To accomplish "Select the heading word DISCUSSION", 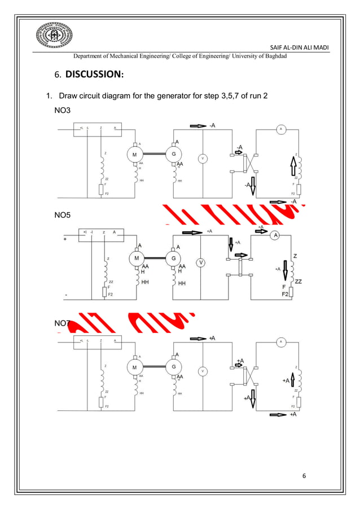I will coord(95,74).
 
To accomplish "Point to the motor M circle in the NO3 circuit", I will coord(134,154).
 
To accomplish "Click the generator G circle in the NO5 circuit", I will coord(173,258).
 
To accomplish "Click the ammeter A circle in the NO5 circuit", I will coord(275,235).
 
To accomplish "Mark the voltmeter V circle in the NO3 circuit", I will coord(202,159).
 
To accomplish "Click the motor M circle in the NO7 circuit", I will coord(134,367).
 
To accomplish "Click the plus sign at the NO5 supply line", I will coord(65,239).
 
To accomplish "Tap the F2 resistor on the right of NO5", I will coord(290,295).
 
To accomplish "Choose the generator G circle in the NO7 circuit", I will coord(173,367).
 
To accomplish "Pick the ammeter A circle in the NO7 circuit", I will coord(280,342).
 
